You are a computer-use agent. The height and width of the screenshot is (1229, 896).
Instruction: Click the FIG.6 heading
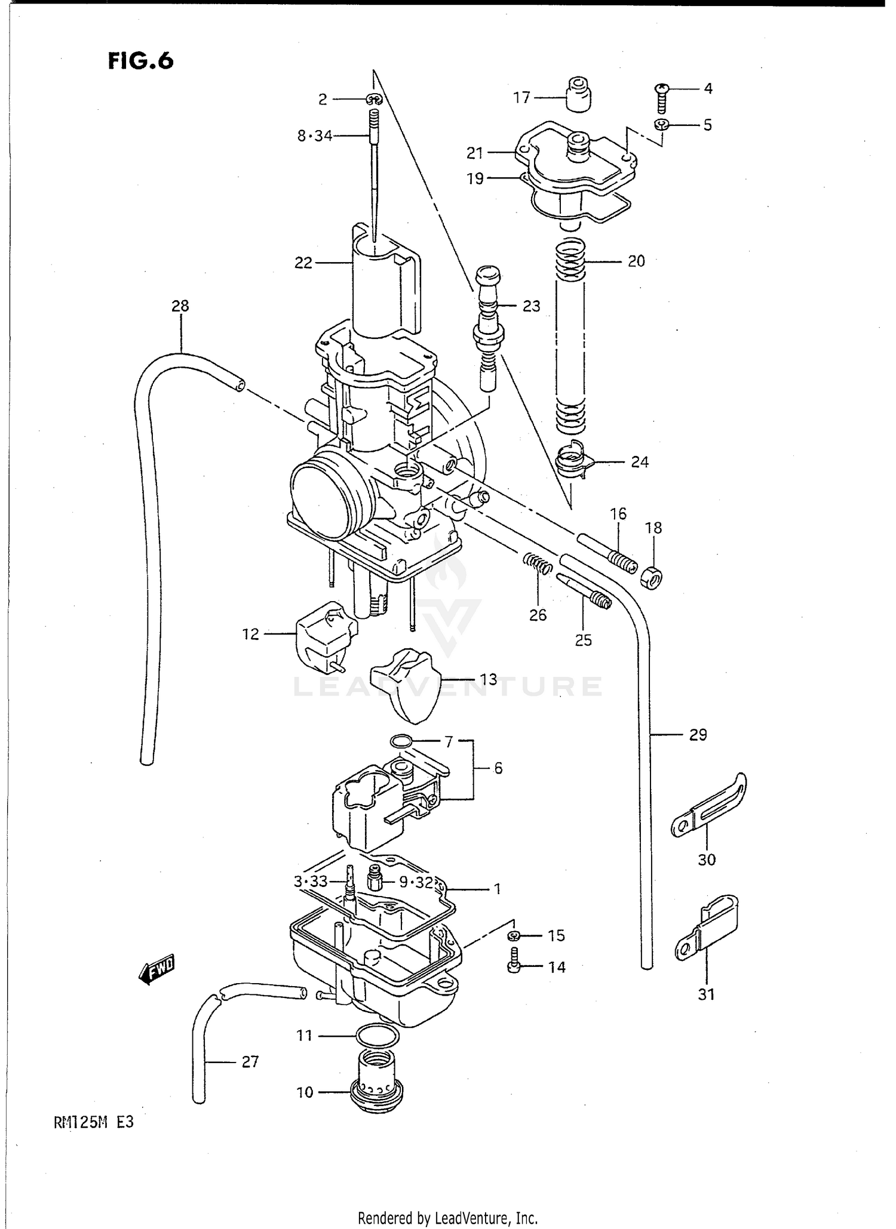140,60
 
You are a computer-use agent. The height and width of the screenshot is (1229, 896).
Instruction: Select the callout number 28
180,306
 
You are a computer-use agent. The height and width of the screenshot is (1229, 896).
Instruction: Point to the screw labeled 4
661,98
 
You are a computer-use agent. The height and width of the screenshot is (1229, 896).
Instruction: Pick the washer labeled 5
661,125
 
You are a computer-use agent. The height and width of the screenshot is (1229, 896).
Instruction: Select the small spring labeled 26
538,563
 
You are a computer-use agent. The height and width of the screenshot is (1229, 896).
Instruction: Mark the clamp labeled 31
708,930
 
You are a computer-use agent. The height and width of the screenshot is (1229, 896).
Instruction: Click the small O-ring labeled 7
401,742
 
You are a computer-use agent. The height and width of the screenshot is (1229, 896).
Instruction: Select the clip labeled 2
374,99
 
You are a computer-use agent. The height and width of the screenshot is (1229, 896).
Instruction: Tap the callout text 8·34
315,136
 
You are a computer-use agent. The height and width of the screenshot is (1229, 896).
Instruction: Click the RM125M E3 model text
94,1122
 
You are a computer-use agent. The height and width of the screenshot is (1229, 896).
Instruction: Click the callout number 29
698,735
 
